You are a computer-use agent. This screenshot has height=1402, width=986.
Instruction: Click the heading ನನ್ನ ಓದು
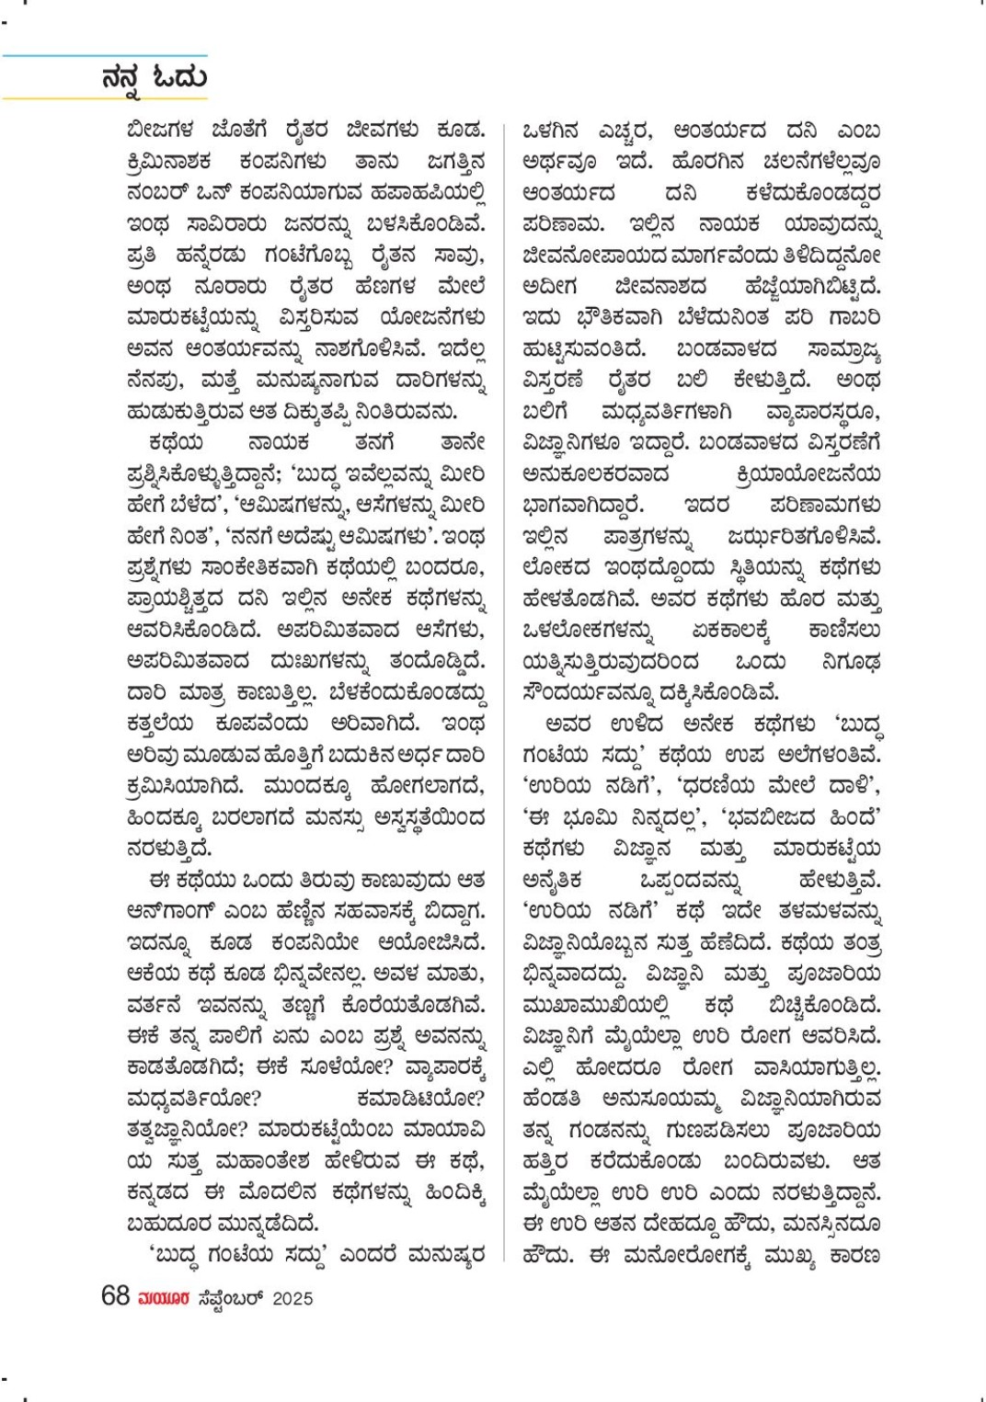click(x=155, y=78)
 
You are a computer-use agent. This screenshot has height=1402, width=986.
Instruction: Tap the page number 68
click(x=115, y=1296)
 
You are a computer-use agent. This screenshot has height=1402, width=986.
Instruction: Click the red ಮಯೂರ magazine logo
click(x=164, y=1298)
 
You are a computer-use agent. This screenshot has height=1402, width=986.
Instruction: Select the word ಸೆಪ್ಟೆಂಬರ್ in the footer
click(x=230, y=1298)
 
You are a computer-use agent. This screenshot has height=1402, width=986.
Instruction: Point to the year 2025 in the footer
click(x=292, y=1298)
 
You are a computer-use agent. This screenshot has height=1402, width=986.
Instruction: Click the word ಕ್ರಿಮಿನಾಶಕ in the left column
click(x=169, y=162)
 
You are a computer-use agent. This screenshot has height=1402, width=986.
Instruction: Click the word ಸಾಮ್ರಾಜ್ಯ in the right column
click(x=843, y=349)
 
